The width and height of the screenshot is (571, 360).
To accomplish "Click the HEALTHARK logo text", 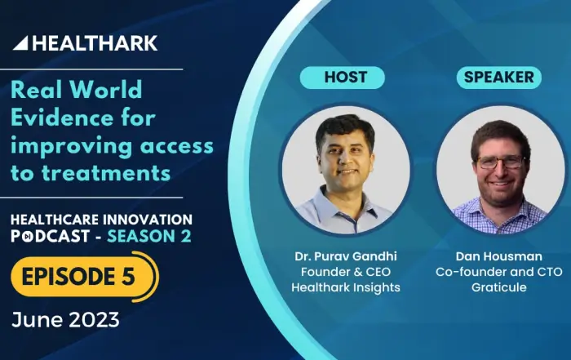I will pos(95,43).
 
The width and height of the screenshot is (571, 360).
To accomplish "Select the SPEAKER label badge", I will pos(499,78).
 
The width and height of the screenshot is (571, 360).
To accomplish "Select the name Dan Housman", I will pos(500,256).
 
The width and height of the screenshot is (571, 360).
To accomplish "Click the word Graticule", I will pos(500,287).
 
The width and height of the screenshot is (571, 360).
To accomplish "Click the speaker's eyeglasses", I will pos(499,162).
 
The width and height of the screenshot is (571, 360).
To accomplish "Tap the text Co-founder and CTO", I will pos(500,271).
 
